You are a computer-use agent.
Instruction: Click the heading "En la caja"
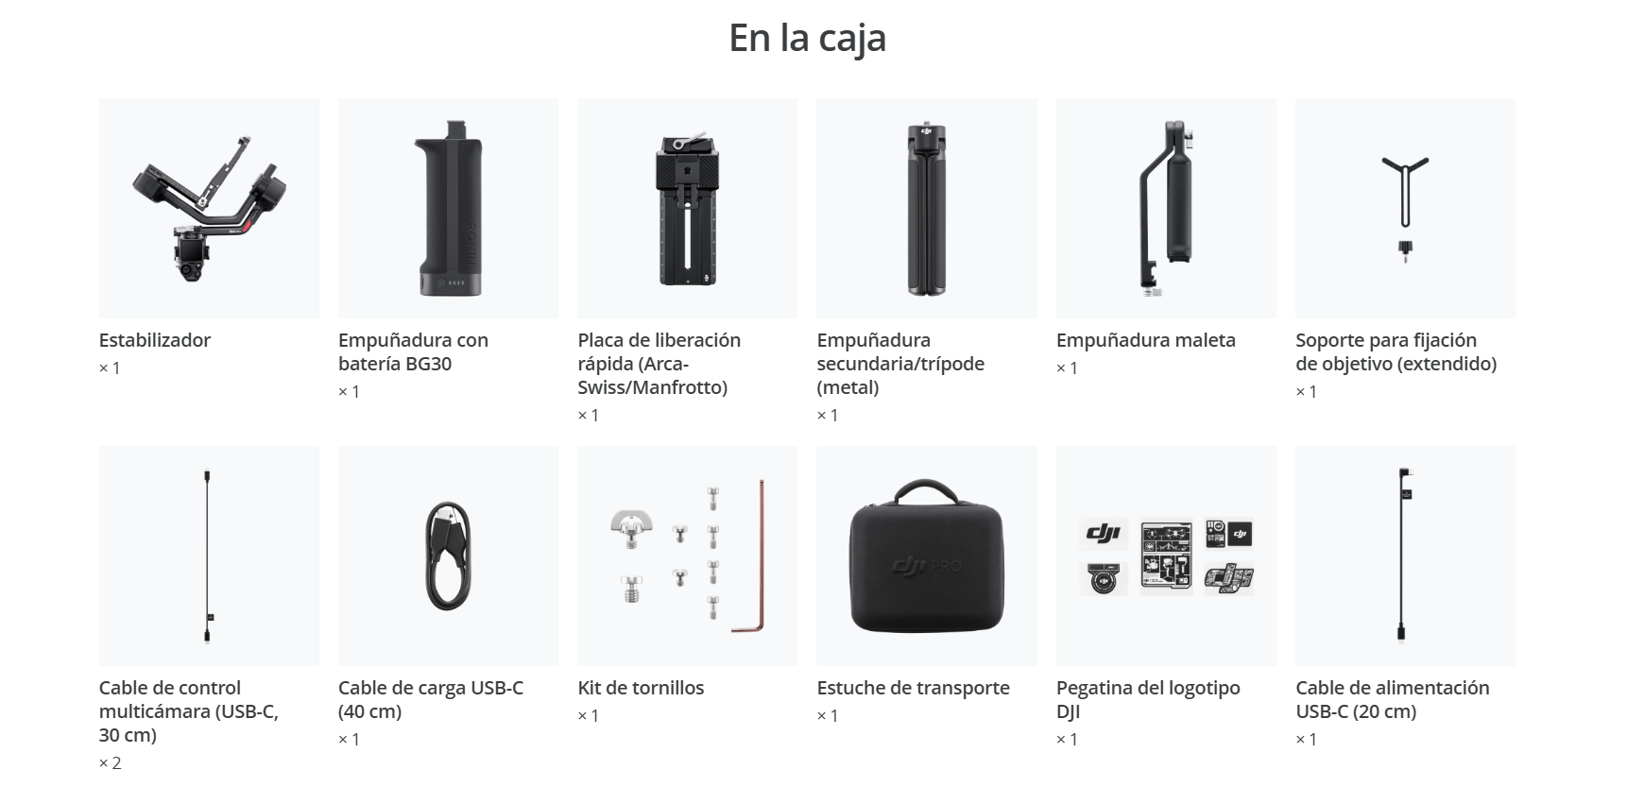click(x=807, y=39)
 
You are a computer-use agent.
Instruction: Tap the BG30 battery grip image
click(x=448, y=208)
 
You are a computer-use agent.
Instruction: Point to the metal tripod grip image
click(x=926, y=208)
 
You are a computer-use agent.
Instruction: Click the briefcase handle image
click(x=1165, y=208)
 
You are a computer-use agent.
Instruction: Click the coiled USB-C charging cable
click(x=448, y=556)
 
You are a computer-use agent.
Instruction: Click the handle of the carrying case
click(x=926, y=494)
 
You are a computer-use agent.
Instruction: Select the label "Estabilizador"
click(x=155, y=340)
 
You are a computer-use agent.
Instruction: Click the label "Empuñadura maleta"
click(x=1145, y=340)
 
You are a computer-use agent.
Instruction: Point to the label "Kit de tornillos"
click(x=641, y=688)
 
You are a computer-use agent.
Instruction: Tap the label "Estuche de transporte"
click(x=913, y=688)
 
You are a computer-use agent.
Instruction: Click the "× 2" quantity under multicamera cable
click(x=111, y=762)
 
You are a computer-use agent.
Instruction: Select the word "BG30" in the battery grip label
click(x=428, y=364)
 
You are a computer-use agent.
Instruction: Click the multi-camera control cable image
click(x=208, y=556)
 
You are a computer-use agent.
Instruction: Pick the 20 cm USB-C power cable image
click(x=1404, y=556)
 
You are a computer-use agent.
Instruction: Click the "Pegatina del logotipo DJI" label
click(x=1148, y=700)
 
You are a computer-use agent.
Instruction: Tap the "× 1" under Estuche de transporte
click(x=828, y=715)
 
